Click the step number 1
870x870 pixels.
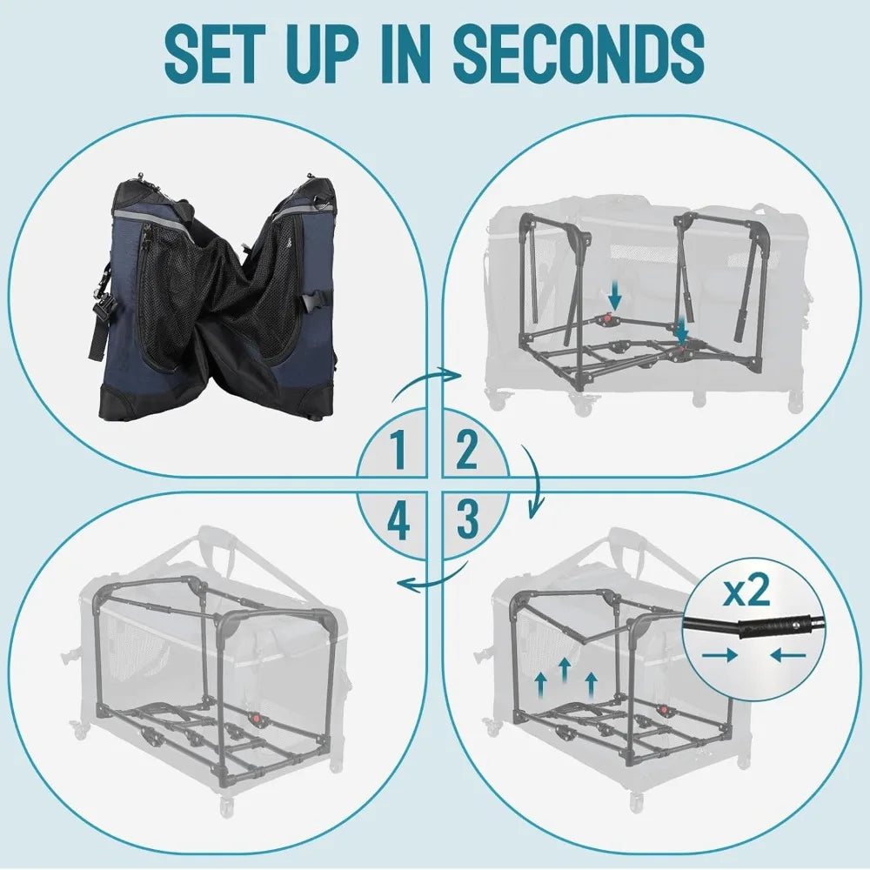point(398,451)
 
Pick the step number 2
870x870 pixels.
point(467,451)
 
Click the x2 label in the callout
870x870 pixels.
point(747,592)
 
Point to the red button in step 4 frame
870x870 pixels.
point(258,719)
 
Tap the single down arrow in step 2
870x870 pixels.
point(615,298)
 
